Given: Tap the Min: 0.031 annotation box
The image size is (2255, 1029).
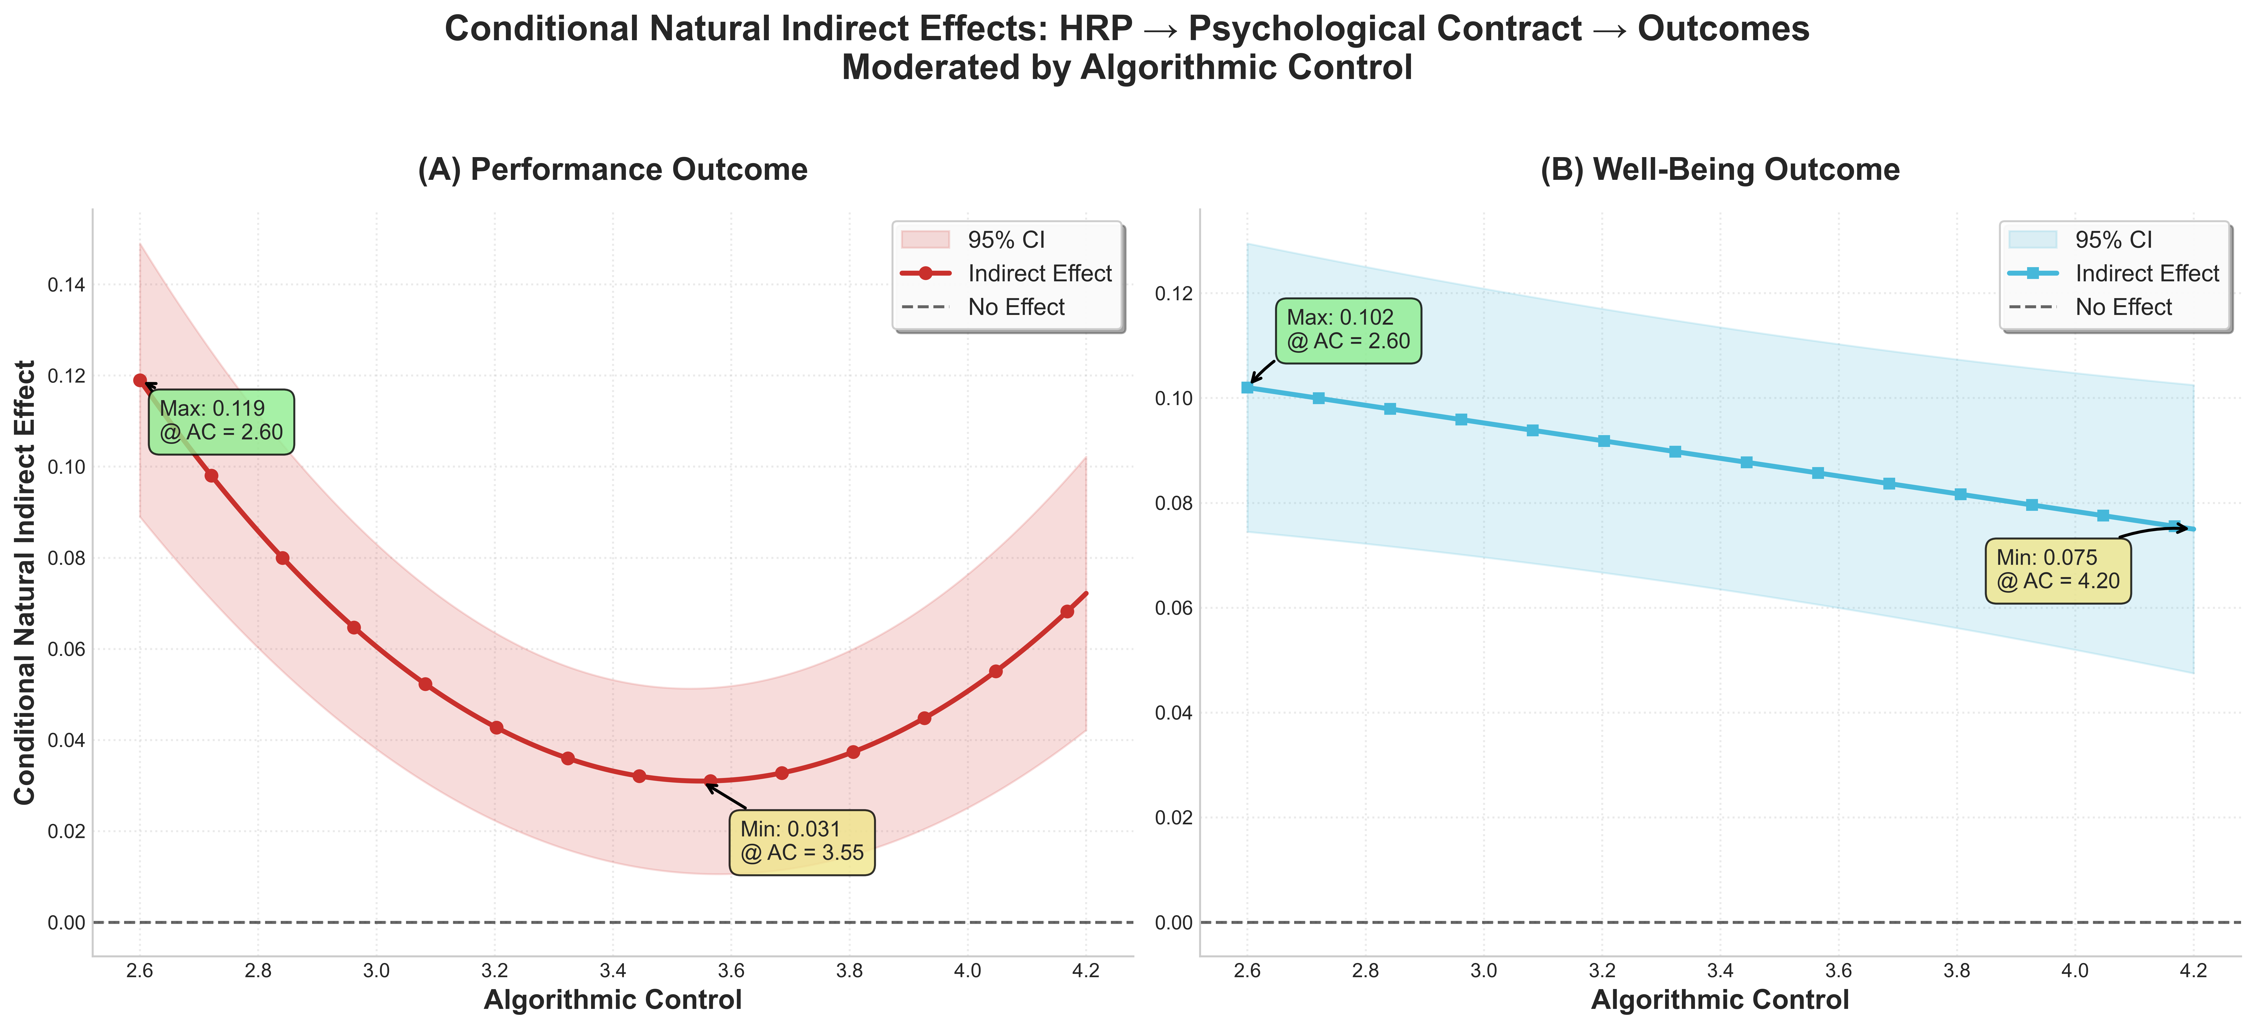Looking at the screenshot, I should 801,842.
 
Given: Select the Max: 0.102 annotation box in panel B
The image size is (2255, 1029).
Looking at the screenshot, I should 1348,330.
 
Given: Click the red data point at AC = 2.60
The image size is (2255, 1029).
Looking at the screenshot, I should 140,380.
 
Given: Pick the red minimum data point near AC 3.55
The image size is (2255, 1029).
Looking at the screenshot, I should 710,780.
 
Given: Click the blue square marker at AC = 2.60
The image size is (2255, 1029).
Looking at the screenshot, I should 1247,387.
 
